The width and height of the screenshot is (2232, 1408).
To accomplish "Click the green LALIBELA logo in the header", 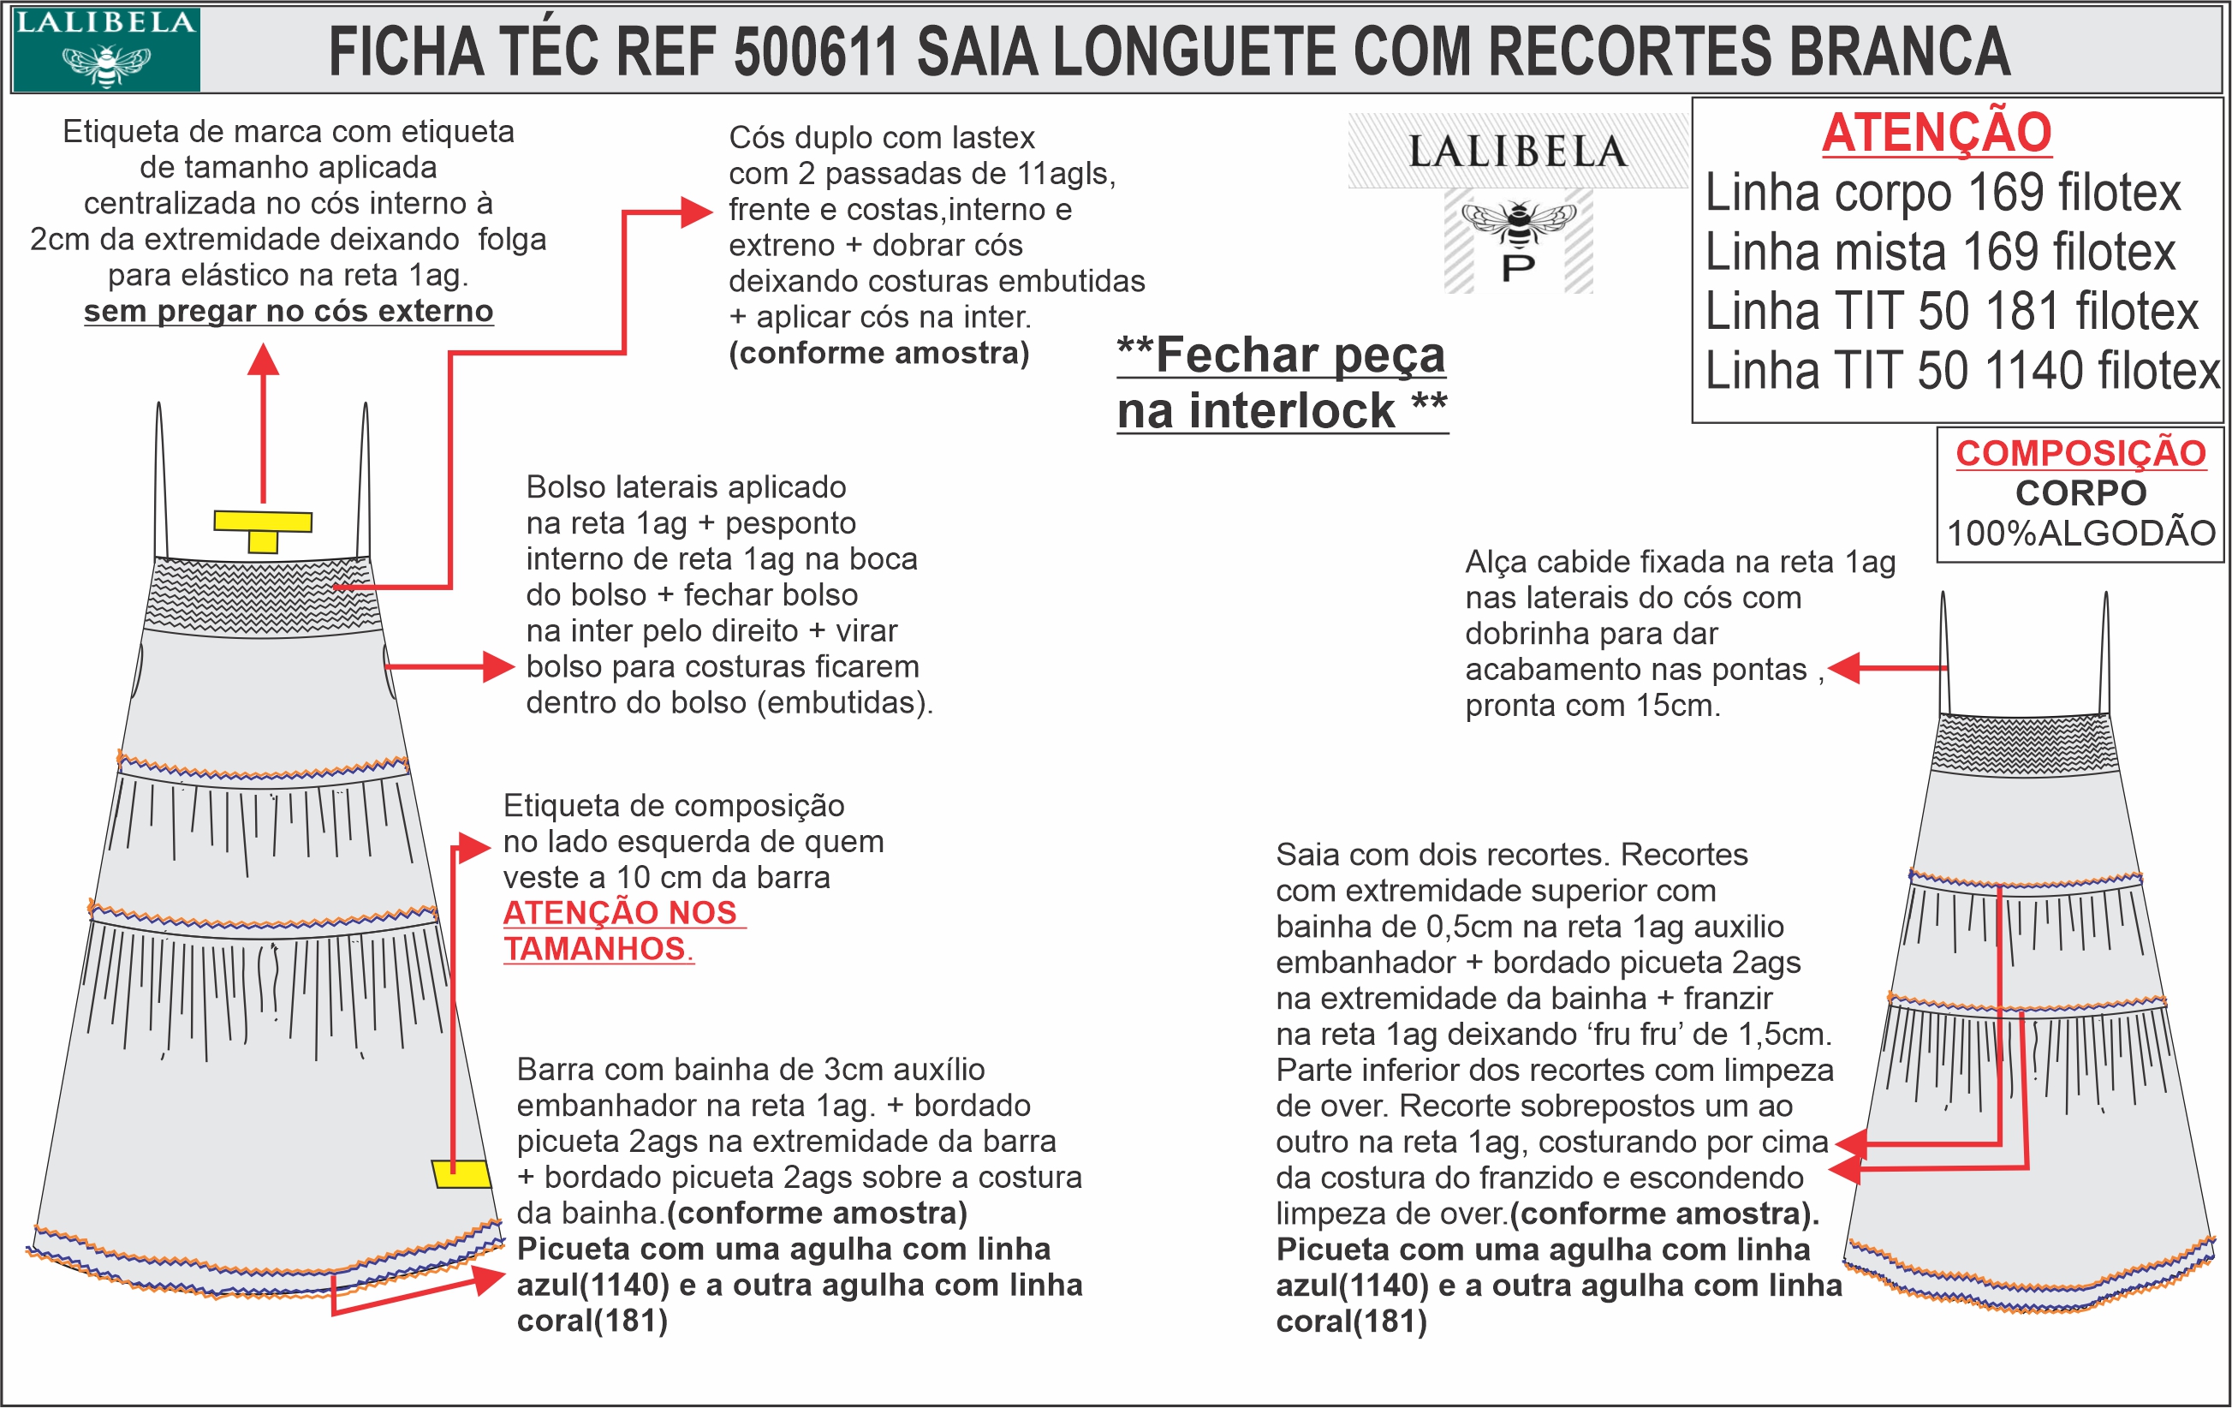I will point(105,49).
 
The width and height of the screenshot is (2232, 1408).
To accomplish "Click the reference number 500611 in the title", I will point(816,51).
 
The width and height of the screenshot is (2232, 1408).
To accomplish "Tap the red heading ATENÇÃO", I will point(1937,133).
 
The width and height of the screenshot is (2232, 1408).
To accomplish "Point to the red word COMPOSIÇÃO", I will point(2081,453).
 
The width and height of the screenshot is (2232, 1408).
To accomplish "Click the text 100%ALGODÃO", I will point(2081,534).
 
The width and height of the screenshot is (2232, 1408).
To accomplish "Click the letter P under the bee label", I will point(1518,269).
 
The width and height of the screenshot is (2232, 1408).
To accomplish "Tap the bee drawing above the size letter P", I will point(1518,223).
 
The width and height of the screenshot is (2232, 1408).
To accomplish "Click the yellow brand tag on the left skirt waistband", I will point(263,529).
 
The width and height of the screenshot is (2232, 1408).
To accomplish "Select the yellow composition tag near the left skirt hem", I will point(461,1173).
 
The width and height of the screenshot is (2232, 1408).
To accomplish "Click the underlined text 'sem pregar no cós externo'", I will point(289,312).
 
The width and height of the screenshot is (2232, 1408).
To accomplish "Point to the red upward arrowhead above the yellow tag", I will point(263,360).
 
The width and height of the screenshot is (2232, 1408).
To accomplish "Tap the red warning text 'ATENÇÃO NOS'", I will point(620,913).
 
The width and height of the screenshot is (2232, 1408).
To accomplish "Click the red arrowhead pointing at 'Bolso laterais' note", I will point(498,666).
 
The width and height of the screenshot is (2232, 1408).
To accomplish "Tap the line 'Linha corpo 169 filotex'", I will point(1943,193).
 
